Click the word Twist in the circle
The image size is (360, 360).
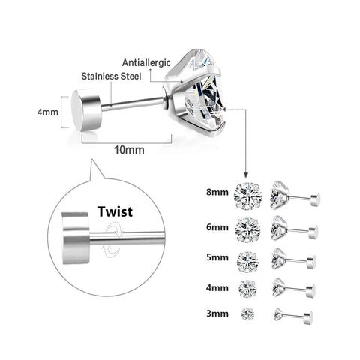(x=114, y=211)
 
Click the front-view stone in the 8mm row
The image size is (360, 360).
(x=247, y=195)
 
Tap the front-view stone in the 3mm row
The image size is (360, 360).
(x=247, y=311)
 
